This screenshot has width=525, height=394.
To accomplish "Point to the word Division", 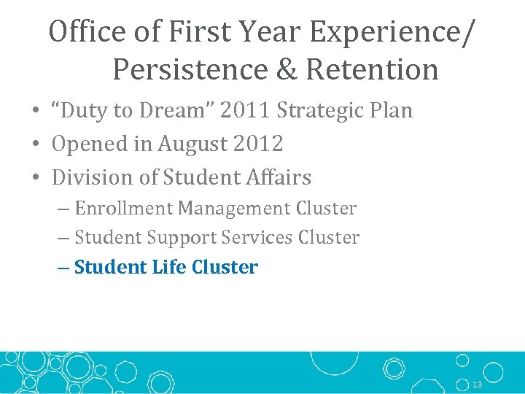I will pos(88,177).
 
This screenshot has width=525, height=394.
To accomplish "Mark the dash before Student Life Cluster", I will pos(63,268).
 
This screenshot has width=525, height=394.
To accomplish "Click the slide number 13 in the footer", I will pos(478,385).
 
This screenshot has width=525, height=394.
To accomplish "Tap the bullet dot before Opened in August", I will pos(36,144).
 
